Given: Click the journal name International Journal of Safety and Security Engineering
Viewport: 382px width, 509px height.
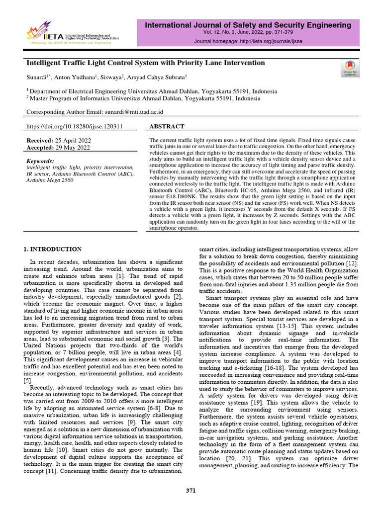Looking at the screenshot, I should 248,25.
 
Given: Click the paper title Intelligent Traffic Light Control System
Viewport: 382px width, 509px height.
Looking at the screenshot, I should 145,63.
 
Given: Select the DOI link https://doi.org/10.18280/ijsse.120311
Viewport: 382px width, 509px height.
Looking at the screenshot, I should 74,127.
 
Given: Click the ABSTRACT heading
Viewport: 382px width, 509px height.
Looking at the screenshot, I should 167,127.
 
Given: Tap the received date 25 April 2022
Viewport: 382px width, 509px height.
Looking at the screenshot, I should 73,141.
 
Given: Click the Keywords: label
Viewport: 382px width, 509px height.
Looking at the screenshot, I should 40,161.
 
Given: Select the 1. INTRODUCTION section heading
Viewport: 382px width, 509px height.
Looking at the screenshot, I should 53,249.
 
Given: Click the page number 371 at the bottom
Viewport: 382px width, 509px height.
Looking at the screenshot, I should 191,491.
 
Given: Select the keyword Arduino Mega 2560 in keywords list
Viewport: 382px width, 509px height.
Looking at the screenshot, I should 50,180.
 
